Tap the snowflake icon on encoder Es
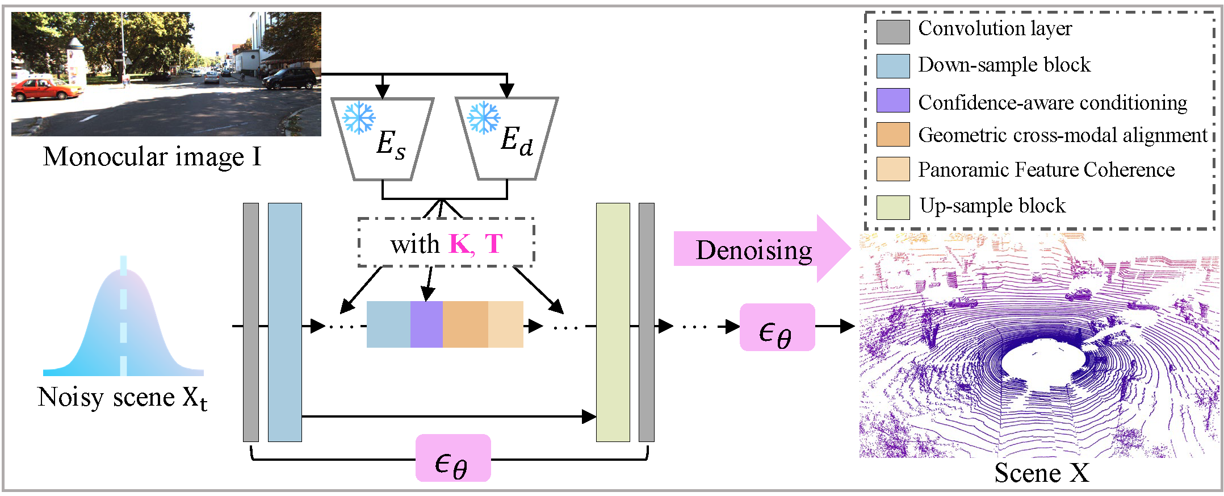tap(359, 118)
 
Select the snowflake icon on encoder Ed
tap(484, 118)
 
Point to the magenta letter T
tap(494, 244)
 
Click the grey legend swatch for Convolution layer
tap(893, 32)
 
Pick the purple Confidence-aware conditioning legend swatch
tap(893, 100)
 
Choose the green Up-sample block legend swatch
tap(893, 207)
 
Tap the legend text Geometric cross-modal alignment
tap(1063, 135)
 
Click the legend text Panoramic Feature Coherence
tap(1046, 169)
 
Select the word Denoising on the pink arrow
tap(754, 250)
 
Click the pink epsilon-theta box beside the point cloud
tap(777, 327)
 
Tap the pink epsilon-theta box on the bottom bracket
tap(453, 458)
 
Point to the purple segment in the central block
tap(426, 324)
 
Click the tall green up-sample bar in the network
tap(613, 322)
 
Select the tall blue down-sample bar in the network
tap(285, 322)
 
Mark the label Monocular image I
tap(152, 156)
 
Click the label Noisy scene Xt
tap(122, 398)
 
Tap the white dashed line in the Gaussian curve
tap(124, 316)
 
